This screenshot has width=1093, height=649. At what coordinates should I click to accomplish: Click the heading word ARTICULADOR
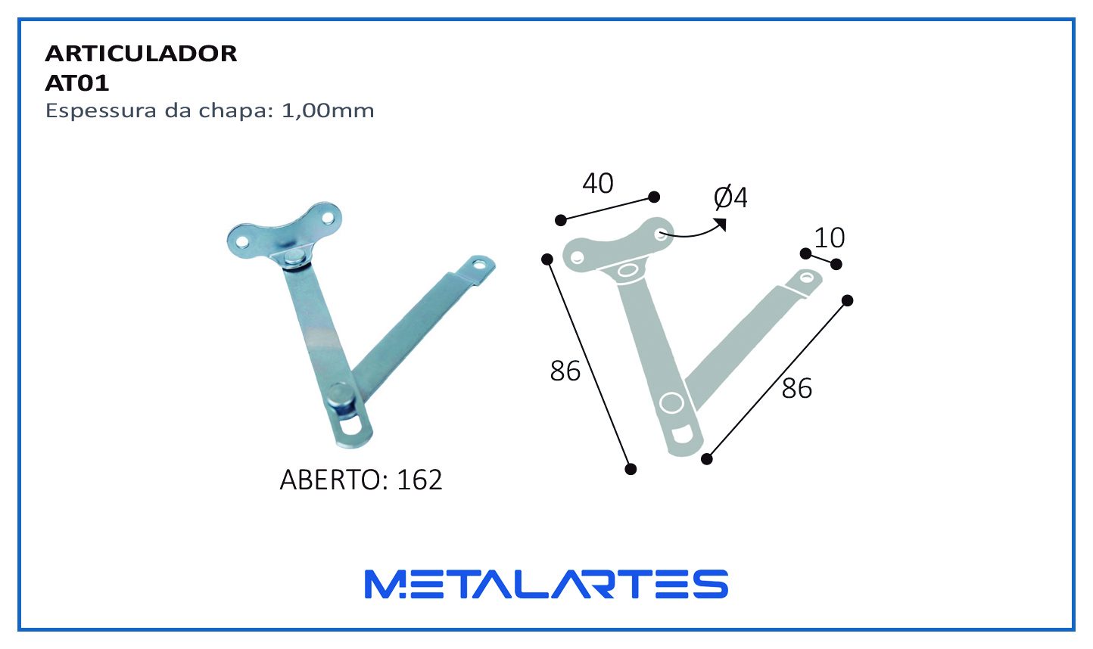pyautogui.click(x=141, y=54)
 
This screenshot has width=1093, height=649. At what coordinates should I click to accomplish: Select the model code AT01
pyautogui.click(x=77, y=83)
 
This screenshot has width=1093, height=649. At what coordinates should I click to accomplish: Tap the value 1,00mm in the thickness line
pyautogui.click(x=328, y=111)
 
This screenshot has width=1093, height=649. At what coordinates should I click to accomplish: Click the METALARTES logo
pyautogui.click(x=546, y=584)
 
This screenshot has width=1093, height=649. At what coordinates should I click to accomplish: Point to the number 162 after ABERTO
pyautogui.click(x=419, y=480)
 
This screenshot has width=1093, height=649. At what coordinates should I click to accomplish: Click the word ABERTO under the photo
pyautogui.click(x=331, y=480)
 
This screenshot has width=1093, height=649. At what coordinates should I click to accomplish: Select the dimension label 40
pyautogui.click(x=598, y=183)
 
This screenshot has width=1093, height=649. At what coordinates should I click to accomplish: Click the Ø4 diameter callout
pyautogui.click(x=730, y=197)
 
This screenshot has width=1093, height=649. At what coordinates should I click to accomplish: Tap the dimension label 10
pyautogui.click(x=830, y=238)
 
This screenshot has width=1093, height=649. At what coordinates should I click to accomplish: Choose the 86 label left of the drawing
pyautogui.click(x=565, y=371)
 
